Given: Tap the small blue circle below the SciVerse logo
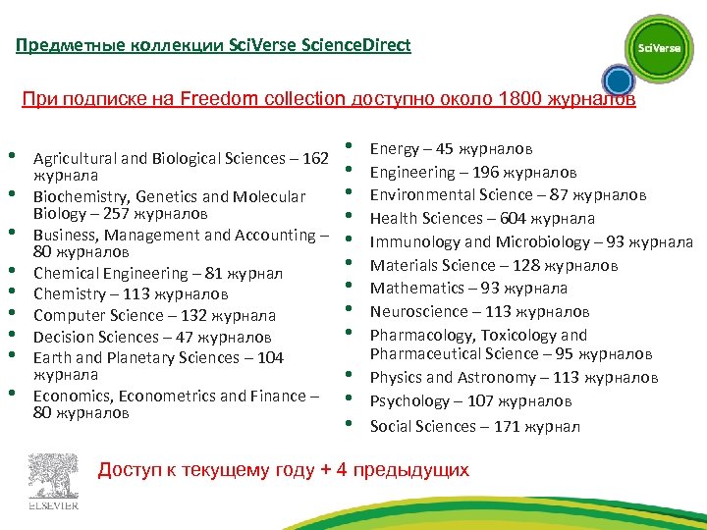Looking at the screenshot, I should (617, 80).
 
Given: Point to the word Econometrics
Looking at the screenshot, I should (156, 396).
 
